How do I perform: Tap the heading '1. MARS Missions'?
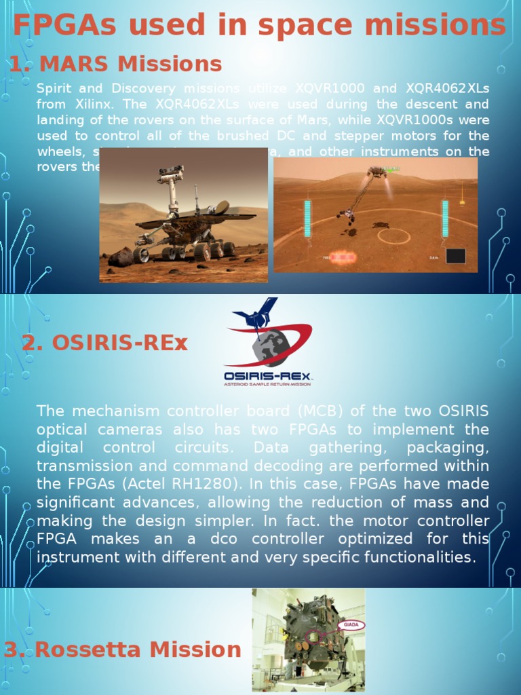115,64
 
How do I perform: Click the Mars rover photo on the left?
183,215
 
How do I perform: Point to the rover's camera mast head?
170,174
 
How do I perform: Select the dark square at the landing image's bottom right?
455,256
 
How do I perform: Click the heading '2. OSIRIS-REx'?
104,343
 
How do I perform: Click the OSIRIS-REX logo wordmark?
268,375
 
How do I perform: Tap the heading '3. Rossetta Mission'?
122,650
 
